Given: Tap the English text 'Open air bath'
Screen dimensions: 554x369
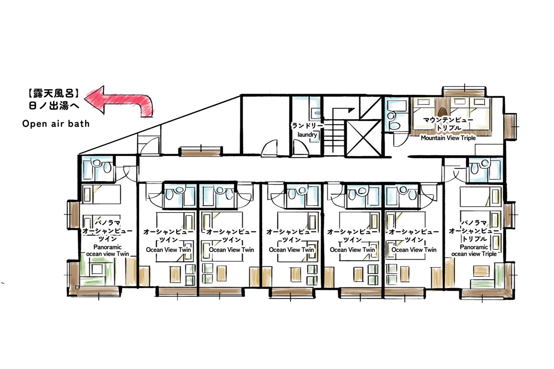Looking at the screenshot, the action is [56, 124].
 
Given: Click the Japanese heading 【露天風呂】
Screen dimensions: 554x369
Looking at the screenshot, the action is [53, 93].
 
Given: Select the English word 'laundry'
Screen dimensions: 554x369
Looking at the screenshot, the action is [307, 135].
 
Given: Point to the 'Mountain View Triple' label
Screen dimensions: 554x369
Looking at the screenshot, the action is [448, 138].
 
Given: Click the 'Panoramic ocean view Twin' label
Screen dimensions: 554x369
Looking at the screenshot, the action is [107, 250].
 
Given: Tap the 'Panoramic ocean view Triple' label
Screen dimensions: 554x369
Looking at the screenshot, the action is [473, 250].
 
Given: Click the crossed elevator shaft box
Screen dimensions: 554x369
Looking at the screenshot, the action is [363, 138].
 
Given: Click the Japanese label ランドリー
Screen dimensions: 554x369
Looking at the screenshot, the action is [307, 126].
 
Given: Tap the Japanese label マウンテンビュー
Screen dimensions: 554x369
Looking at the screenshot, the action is [448, 120].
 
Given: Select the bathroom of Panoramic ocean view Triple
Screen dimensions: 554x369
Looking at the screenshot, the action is [485, 169].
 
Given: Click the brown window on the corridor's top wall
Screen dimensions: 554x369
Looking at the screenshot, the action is [201, 151].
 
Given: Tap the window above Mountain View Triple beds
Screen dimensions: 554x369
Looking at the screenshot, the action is [464, 92].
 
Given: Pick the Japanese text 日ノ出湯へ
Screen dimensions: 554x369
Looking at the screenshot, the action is [54, 106].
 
